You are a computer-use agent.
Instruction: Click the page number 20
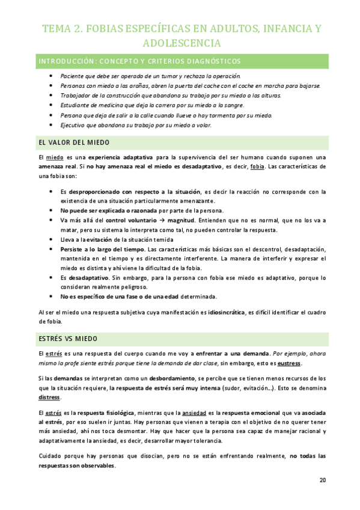click(322, 480)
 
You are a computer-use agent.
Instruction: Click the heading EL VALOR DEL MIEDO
click(73, 143)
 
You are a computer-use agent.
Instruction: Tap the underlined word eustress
click(290, 364)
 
